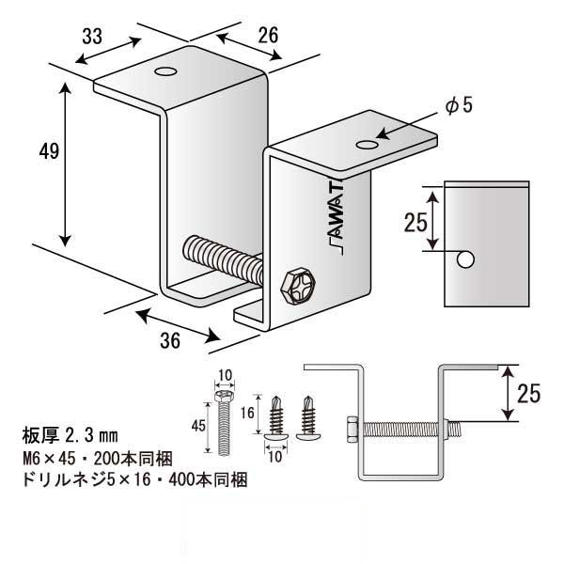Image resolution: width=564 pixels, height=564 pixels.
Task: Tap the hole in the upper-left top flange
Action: pos(166,70)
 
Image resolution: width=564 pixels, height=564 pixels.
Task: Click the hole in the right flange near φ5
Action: pos(368,145)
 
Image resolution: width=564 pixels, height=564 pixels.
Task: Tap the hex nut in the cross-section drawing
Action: pos(350,430)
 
